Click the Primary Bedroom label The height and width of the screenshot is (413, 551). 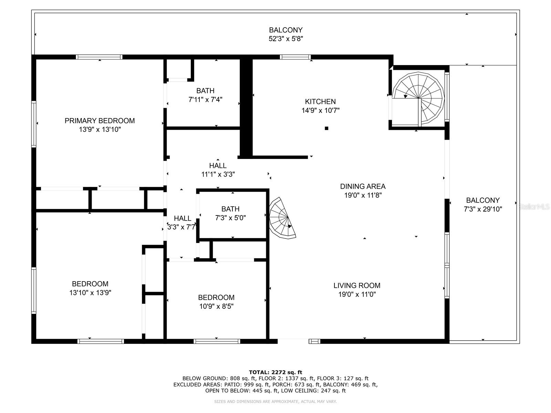[x=100, y=121]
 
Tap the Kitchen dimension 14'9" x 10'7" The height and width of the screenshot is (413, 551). [x=320, y=110]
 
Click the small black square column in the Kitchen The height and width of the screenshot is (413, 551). [x=326, y=128]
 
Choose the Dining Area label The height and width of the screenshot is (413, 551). [x=363, y=186]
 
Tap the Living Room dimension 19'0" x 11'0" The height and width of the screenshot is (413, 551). [x=357, y=294]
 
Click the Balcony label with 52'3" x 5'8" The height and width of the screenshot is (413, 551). [x=286, y=30]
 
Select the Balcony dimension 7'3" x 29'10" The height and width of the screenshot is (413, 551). [x=483, y=209]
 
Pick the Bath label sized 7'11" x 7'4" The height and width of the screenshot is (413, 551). [x=205, y=91]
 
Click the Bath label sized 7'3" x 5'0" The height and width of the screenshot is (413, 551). [x=230, y=209]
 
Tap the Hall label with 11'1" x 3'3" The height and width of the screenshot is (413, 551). [x=218, y=166]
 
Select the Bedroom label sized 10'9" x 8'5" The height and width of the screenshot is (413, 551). [x=216, y=297]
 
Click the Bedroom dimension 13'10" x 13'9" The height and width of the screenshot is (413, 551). [x=90, y=293]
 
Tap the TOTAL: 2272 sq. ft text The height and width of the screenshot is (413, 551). [x=275, y=372]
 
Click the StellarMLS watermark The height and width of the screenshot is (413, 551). [x=534, y=207]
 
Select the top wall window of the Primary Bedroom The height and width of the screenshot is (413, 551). [x=99, y=57]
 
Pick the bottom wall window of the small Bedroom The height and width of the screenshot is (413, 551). [x=217, y=341]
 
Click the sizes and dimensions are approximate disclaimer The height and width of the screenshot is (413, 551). [x=275, y=402]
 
